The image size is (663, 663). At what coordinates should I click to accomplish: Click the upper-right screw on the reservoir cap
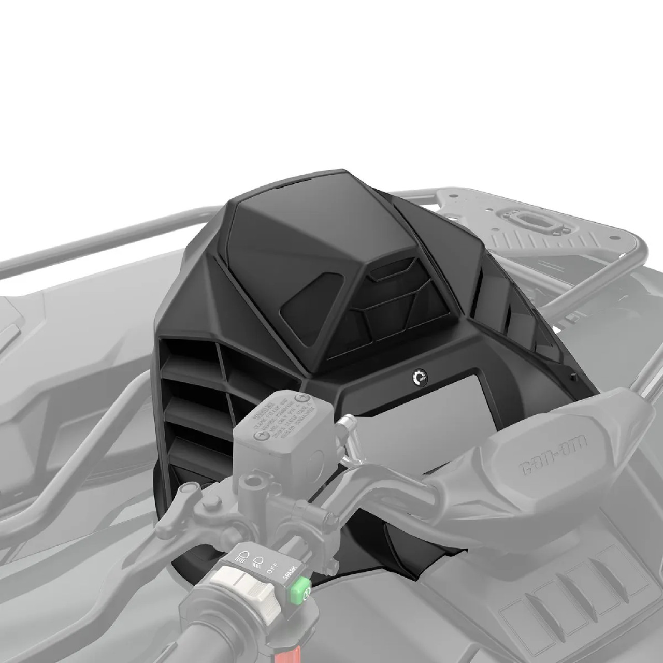coord(299,397)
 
